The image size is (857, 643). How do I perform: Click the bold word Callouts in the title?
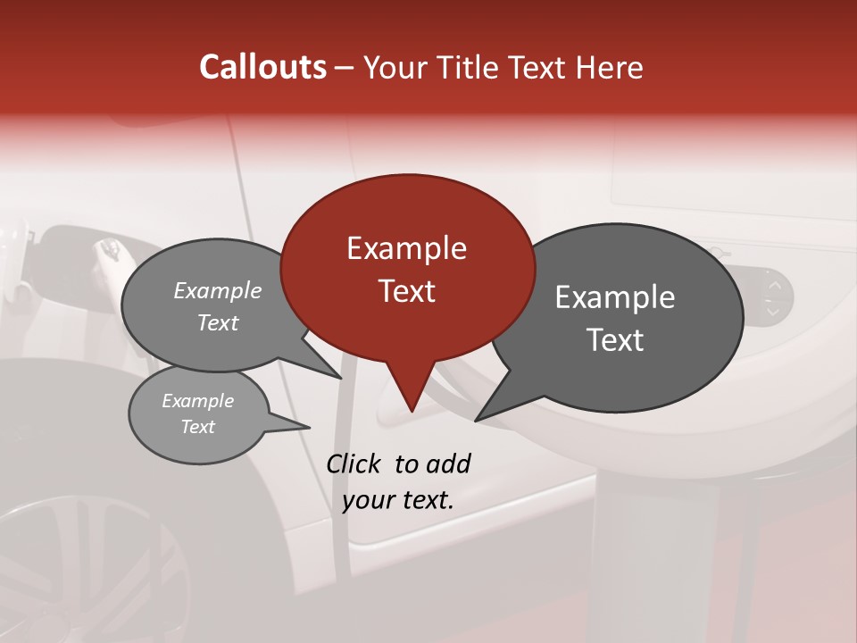pyautogui.click(x=262, y=67)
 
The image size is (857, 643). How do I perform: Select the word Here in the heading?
pyautogui.click(x=610, y=67)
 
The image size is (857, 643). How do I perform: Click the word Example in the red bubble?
pyautogui.click(x=406, y=248)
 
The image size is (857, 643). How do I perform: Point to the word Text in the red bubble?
pyautogui.click(x=406, y=291)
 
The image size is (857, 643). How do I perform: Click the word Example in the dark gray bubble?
pyautogui.click(x=615, y=297)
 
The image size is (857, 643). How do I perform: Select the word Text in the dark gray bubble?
pyautogui.click(x=615, y=340)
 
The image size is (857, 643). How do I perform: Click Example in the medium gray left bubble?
pyautogui.click(x=218, y=290)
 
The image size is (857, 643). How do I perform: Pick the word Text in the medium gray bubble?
pyautogui.click(x=218, y=322)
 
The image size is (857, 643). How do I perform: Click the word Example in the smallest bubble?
pyautogui.click(x=197, y=401)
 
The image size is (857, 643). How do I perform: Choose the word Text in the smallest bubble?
pyautogui.click(x=197, y=427)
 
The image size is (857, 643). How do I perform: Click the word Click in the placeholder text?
pyautogui.click(x=355, y=463)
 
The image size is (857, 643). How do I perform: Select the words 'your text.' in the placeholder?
pyautogui.click(x=398, y=500)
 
